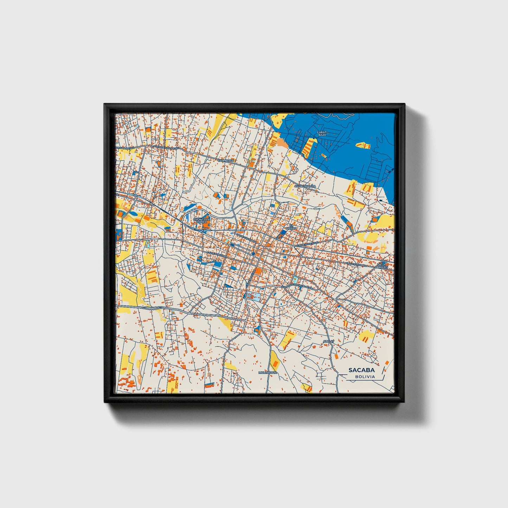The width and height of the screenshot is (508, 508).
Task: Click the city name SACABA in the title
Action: pyautogui.click(x=361, y=370)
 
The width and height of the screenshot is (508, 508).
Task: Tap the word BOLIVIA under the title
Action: pyautogui.click(x=365, y=377)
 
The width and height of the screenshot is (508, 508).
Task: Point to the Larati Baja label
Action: pyautogui.click(x=322, y=133)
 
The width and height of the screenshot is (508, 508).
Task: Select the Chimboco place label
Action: pyautogui.click(x=226, y=160)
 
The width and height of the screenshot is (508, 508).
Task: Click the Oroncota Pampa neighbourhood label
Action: pyautogui.click(x=201, y=220)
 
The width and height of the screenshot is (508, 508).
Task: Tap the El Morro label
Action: pyautogui.click(x=291, y=227)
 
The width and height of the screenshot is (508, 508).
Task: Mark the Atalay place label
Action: pyautogui.click(x=328, y=341)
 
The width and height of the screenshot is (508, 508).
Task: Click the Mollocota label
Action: pyautogui.click(x=268, y=372)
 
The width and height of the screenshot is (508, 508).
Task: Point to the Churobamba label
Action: pyautogui.click(x=305, y=186)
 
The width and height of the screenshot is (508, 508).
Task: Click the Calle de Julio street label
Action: pyautogui.click(x=307, y=243)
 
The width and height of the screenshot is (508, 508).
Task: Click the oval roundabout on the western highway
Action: pyautogui.click(x=135, y=195)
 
